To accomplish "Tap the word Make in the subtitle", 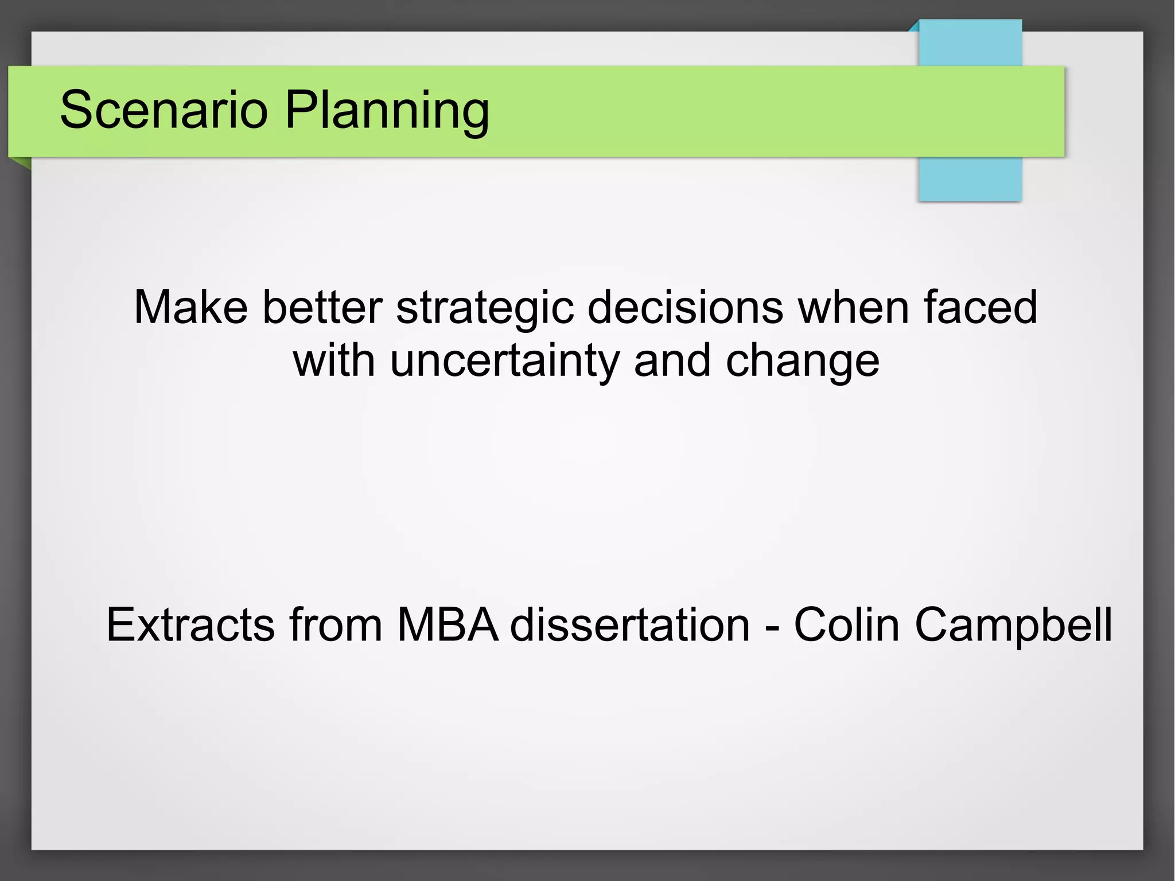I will [x=190, y=308].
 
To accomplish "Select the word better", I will [x=322, y=308].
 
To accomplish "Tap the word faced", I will [x=980, y=308].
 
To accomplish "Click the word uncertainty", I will [x=505, y=362].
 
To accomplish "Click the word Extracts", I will [x=190, y=624].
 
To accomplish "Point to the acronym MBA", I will [x=448, y=624].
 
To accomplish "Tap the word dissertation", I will [x=630, y=624].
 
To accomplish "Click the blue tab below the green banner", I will [x=970, y=179].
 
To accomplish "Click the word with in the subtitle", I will [x=334, y=362].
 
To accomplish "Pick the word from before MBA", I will [x=336, y=624].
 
